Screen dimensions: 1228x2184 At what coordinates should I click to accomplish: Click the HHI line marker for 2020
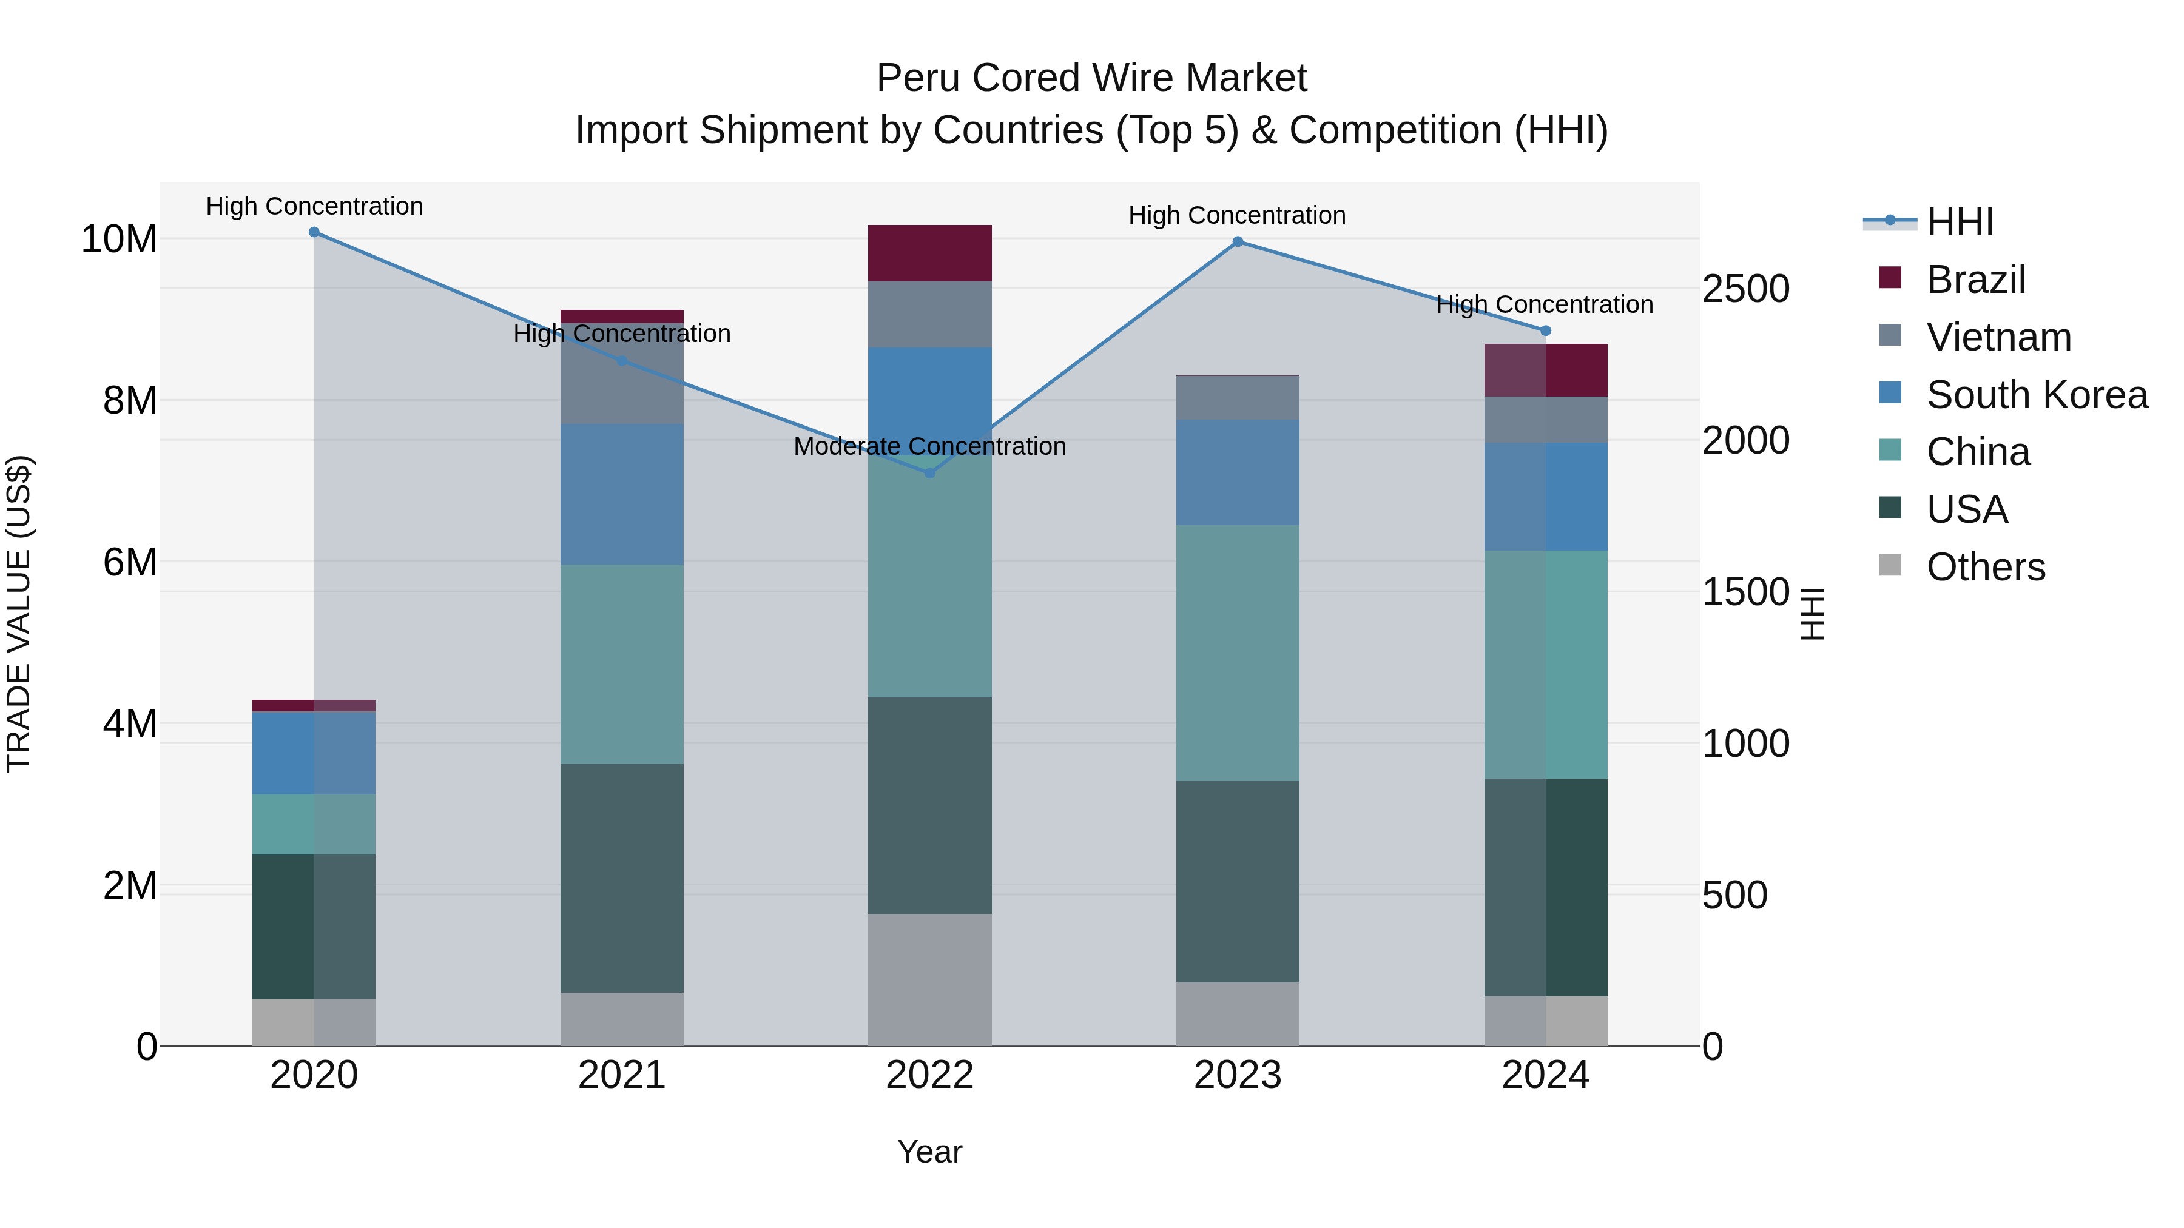click(314, 232)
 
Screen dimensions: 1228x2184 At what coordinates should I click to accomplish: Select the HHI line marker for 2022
click(930, 473)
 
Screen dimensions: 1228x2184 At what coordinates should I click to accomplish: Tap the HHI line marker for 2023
click(1238, 241)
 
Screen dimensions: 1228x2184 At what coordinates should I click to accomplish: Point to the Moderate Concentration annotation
click(930, 446)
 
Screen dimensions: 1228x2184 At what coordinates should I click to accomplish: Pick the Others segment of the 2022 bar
click(930, 980)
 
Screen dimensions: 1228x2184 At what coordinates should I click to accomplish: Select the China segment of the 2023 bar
click(1238, 653)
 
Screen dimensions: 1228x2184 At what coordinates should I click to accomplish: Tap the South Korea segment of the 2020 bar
click(314, 753)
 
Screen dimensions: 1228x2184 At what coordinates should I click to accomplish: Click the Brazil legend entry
click(1975, 280)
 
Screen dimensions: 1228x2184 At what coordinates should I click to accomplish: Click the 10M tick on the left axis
click(119, 240)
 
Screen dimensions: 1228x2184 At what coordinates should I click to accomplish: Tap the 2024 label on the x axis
click(1546, 1075)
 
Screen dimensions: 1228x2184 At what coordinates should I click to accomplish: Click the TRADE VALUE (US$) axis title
click(19, 614)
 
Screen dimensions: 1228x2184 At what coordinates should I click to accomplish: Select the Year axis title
click(930, 1152)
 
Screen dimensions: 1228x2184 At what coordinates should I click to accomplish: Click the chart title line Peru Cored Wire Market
click(1091, 78)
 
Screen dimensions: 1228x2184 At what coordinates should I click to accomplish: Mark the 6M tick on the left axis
click(130, 562)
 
